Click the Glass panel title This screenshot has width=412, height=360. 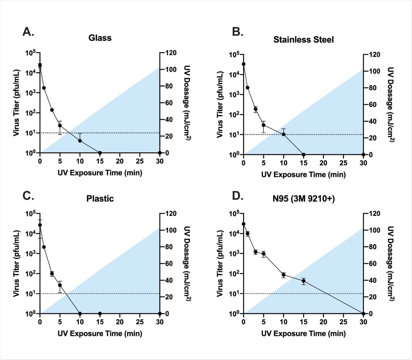(100, 38)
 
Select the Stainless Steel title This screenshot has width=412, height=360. (304, 40)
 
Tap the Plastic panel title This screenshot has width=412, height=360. (100, 199)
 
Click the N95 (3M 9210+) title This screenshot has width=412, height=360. (304, 199)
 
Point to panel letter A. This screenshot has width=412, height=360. (28, 32)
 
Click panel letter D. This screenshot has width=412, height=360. (238, 196)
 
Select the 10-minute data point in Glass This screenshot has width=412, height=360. (80, 141)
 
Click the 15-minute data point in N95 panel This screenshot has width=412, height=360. (304, 281)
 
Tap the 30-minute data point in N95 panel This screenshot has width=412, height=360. (363, 313)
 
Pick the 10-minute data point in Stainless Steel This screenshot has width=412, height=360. (284, 134)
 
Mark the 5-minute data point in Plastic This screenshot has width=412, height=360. (60, 285)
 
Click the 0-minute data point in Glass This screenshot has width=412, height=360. (40, 65)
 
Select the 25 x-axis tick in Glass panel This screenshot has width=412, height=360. (140, 161)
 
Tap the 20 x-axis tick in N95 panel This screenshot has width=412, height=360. (323, 322)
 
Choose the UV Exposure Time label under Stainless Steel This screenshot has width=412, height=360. (304, 175)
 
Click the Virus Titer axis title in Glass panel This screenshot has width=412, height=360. (16, 103)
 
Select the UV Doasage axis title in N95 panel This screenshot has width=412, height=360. (391, 264)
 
